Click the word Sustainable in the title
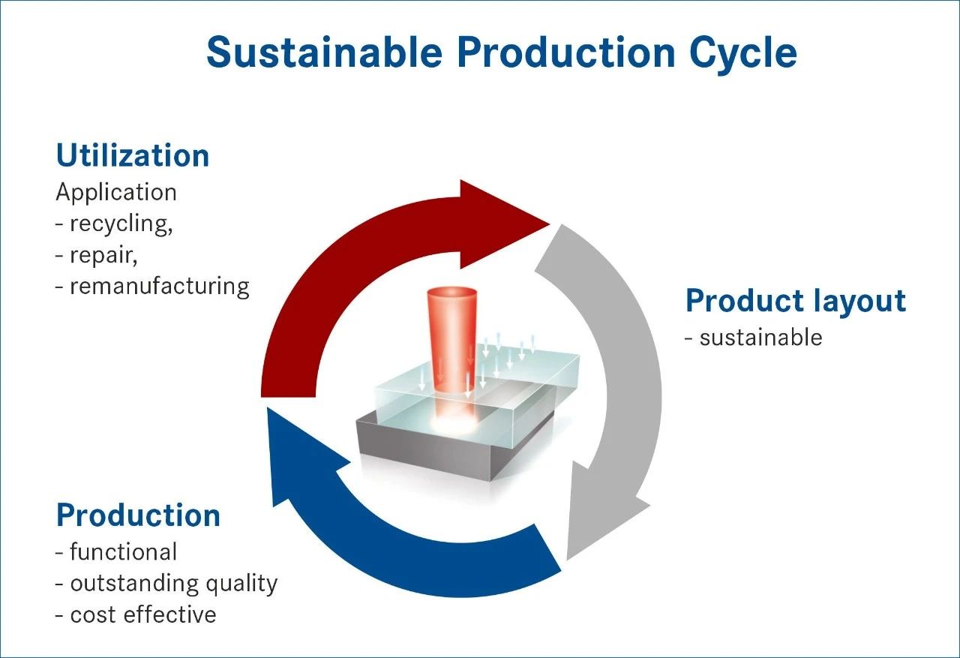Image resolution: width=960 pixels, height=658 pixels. [325, 53]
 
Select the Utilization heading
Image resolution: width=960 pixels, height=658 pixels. [133, 155]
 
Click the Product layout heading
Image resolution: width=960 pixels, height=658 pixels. [796, 302]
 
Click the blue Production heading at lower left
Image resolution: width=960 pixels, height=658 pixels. [138, 515]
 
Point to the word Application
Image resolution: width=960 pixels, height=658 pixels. [116, 193]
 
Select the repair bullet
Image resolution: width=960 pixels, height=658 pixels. [97, 257]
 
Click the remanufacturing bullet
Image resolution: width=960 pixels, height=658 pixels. [152, 287]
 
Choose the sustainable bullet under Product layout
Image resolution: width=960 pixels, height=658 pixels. [754, 338]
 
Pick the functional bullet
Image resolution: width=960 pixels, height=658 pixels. [116, 552]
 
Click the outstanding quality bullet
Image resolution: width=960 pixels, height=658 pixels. [166, 584]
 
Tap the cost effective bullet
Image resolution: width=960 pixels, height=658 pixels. [136, 615]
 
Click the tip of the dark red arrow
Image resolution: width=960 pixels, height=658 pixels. [550, 224]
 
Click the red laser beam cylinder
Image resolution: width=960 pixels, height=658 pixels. [452, 343]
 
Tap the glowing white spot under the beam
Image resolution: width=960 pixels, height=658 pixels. [454, 425]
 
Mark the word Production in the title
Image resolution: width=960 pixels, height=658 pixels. [566, 53]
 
